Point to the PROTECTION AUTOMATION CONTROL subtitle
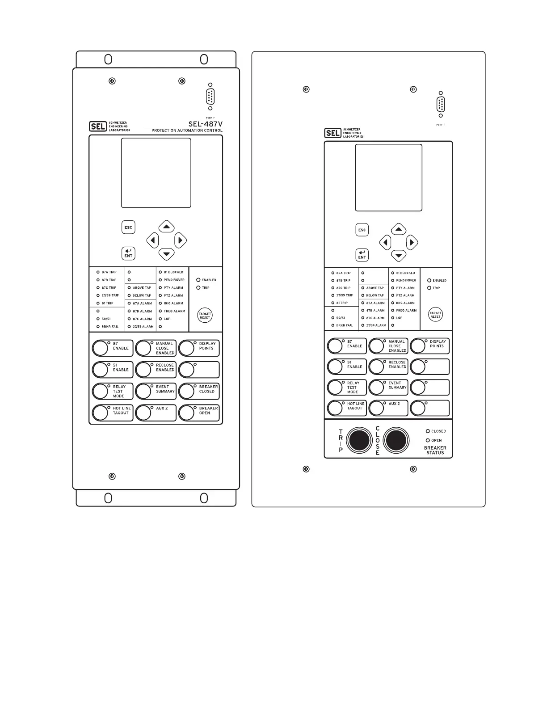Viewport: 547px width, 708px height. [187, 131]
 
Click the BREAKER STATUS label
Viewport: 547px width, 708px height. [435, 450]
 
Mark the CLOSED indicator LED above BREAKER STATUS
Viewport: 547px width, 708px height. [428, 431]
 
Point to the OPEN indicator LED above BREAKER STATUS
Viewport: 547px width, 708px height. [428, 440]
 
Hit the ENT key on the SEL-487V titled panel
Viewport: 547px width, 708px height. [128, 253]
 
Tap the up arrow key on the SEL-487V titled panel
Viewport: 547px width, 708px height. [167, 227]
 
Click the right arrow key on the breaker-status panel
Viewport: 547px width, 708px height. [412, 243]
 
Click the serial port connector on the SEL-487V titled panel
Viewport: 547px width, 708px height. [210, 97]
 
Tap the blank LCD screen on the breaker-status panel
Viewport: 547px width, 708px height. [388, 177]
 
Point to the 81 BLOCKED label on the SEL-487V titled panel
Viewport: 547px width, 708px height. [173, 272]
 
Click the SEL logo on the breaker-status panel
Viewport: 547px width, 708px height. [332, 133]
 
